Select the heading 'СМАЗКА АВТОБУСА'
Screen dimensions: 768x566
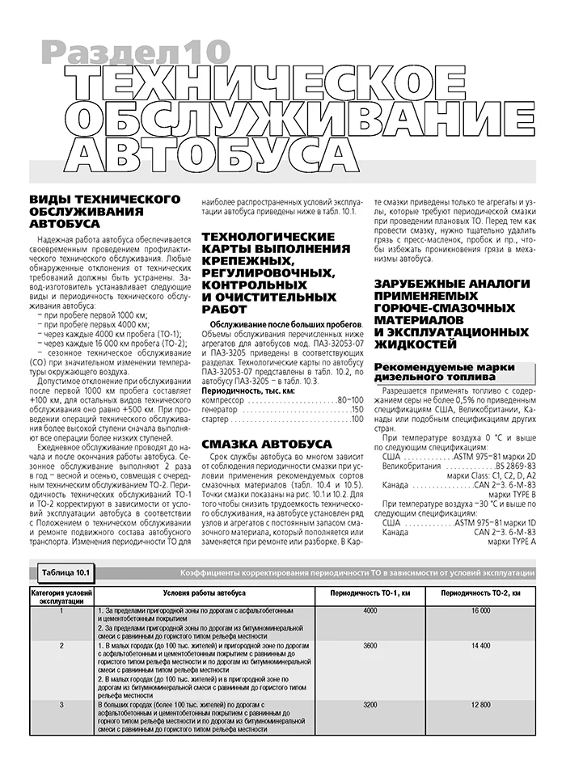click(x=266, y=445)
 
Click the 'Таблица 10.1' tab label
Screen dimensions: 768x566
click(x=69, y=573)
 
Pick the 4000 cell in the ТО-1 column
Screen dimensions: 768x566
click(x=370, y=611)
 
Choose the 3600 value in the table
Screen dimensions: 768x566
click(x=370, y=647)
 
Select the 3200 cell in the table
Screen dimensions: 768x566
click(x=370, y=706)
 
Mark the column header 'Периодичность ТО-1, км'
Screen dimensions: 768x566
click(x=370, y=594)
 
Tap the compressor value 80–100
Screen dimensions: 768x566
click(x=350, y=400)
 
